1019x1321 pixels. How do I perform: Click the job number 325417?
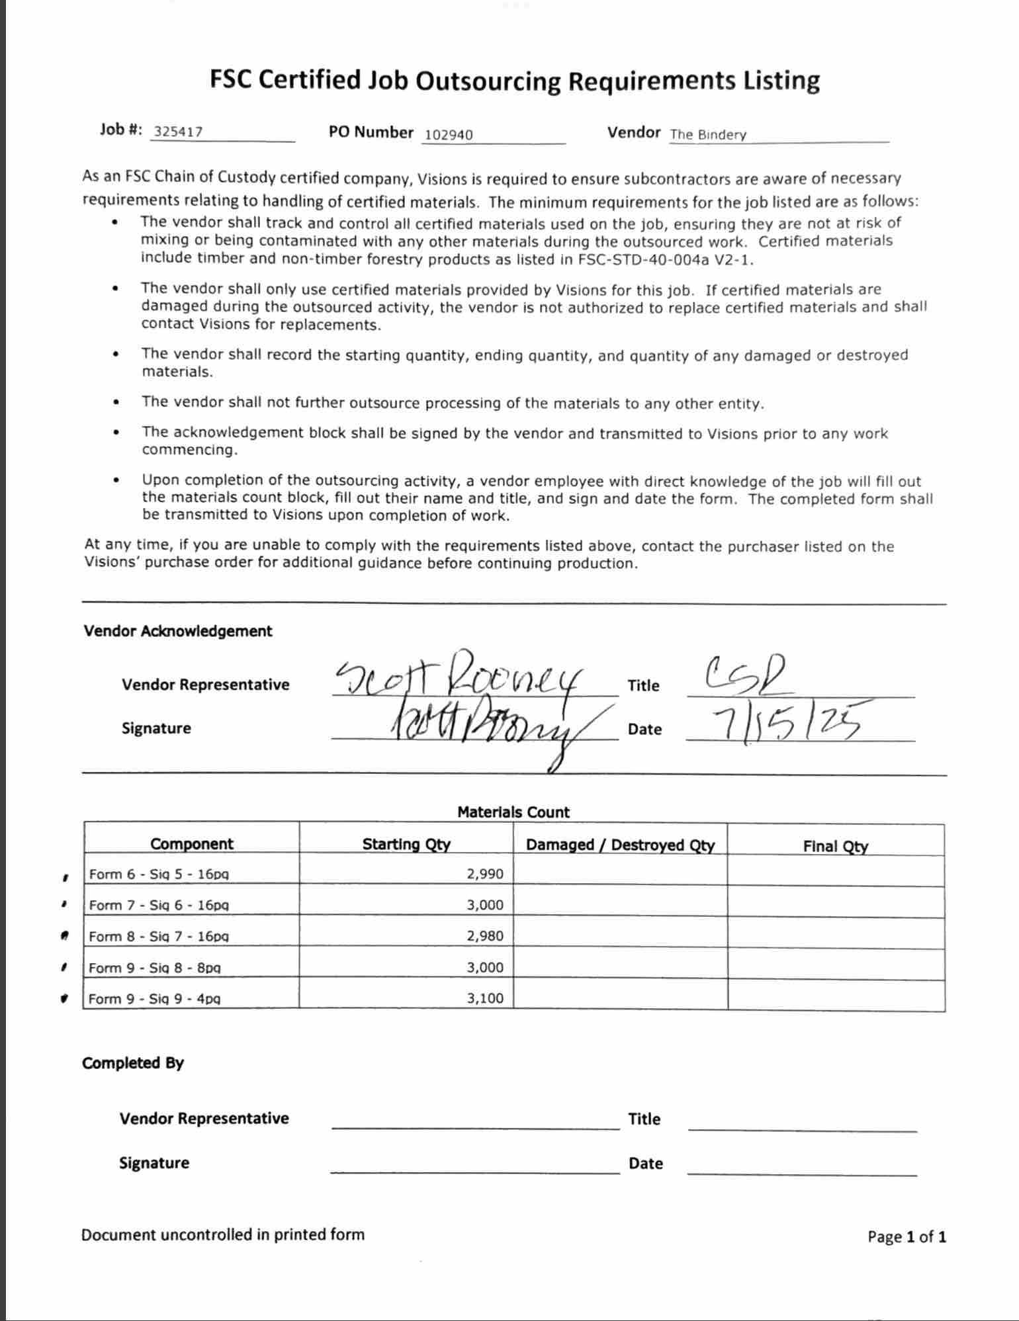(178, 131)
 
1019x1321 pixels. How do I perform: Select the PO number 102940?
(449, 135)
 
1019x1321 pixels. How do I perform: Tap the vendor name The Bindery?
(708, 135)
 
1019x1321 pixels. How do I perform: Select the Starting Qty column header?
(406, 844)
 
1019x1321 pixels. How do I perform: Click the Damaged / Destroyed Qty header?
(620, 845)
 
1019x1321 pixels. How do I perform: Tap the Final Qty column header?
(835, 846)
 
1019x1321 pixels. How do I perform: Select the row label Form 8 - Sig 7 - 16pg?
(159, 936)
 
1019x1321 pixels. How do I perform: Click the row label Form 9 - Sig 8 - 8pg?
(155, 968)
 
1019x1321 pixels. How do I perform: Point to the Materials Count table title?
(513, 812)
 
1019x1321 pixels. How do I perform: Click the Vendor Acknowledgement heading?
(177, 631)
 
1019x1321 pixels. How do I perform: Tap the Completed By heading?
(133, 1063)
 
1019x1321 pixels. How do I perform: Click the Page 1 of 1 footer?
(907, 1236)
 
